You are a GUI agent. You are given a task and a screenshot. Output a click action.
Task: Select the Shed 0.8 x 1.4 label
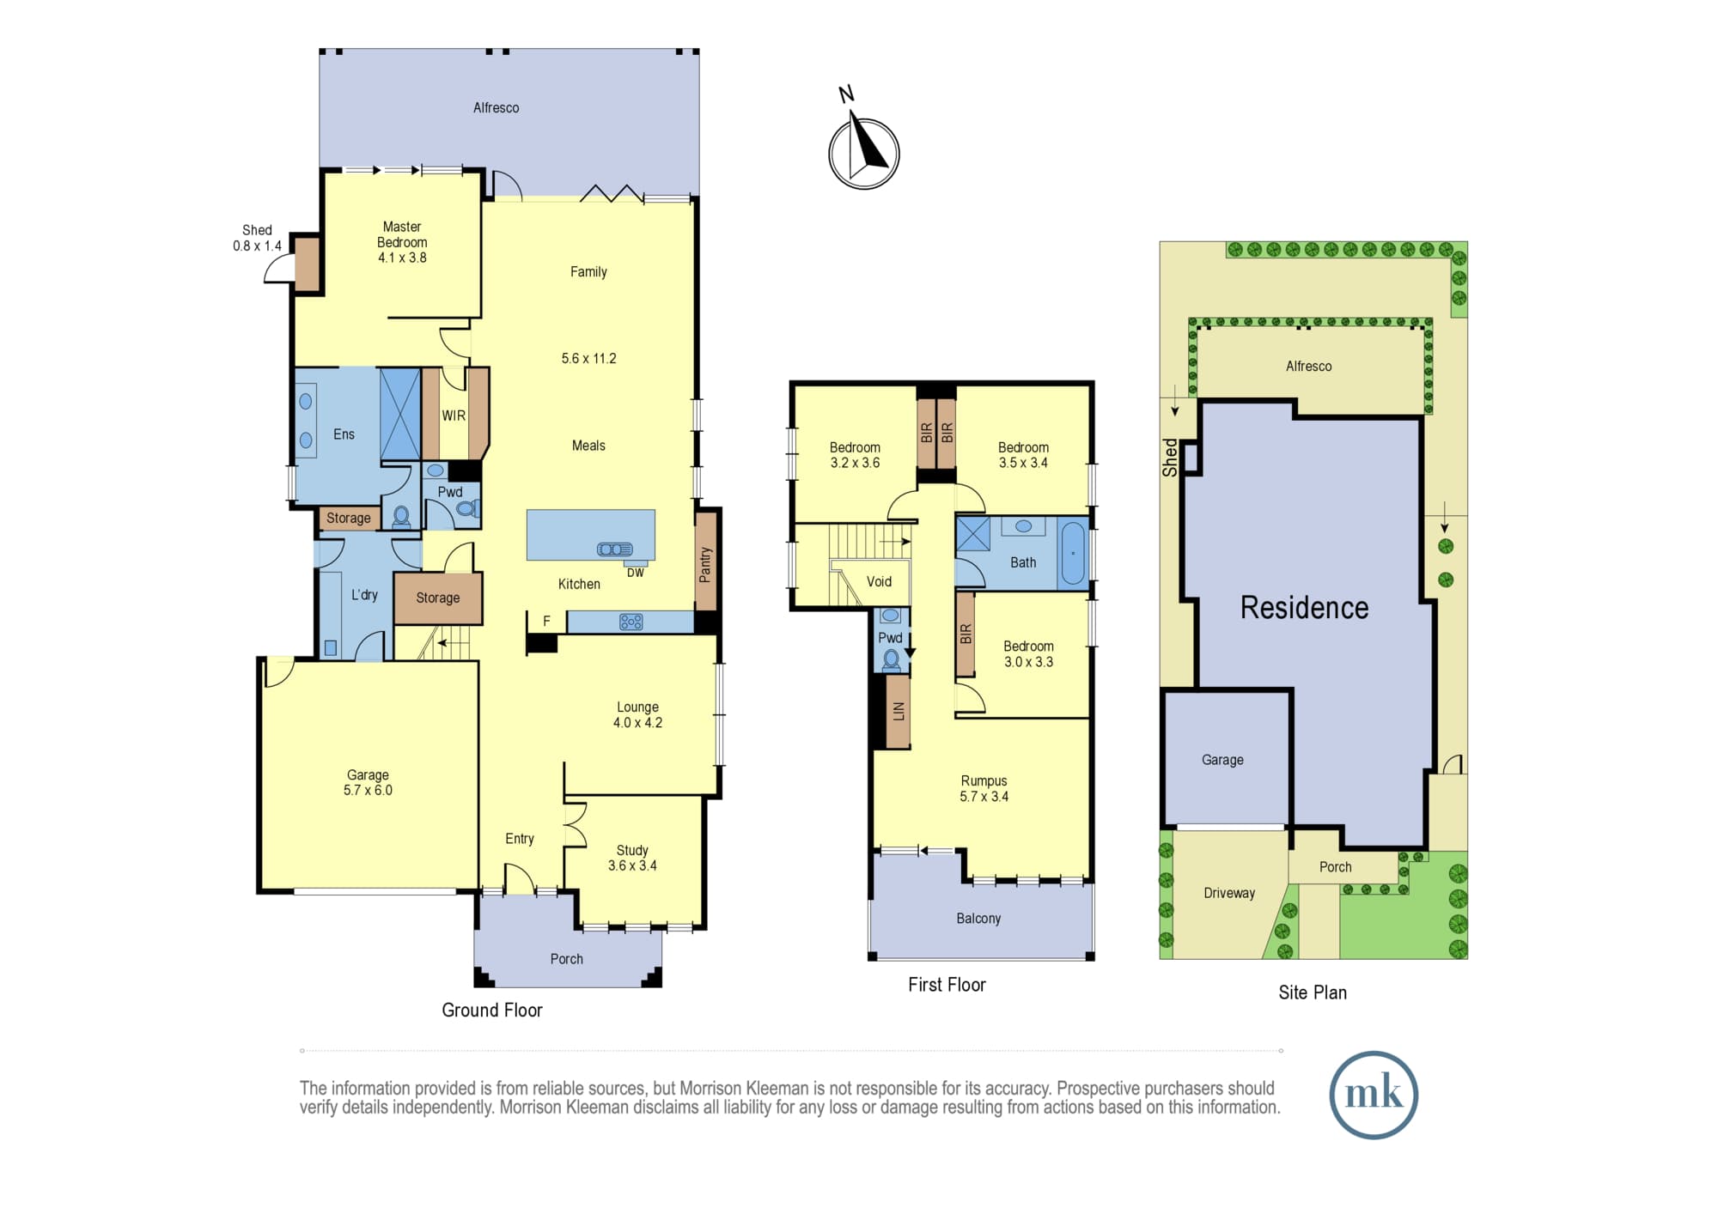tap(257, 238)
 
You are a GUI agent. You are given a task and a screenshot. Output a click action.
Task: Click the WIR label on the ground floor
tap(454, 416)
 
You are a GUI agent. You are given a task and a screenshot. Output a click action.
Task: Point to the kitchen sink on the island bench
tap(615, 549)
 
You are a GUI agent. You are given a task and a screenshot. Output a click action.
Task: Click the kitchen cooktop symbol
tap(631, 622)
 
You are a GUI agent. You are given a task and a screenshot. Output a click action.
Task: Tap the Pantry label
tap(705, 565)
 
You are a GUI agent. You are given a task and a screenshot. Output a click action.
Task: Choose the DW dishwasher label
tap(636, 573)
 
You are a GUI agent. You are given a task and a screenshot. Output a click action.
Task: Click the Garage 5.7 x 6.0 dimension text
tap(368, 791)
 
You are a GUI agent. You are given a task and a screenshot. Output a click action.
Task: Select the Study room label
tap(632, 850)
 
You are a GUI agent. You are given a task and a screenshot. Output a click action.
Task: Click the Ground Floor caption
tap(492, 1010)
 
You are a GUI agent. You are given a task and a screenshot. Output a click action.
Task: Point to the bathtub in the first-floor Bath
tap(1072, 554)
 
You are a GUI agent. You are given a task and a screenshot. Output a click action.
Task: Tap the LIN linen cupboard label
tap(899, 711)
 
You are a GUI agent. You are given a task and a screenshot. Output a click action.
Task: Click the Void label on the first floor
tap(879, 581)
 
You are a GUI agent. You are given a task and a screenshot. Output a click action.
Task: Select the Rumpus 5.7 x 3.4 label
tap(984, 788)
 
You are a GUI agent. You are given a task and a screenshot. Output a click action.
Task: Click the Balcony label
tap(978, 919)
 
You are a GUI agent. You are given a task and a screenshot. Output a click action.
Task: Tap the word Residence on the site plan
tap(1304, 607)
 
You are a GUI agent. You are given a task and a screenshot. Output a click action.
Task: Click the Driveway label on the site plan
tap(1229, 893)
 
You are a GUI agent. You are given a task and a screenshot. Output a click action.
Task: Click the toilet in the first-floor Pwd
tap(892, 659)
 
